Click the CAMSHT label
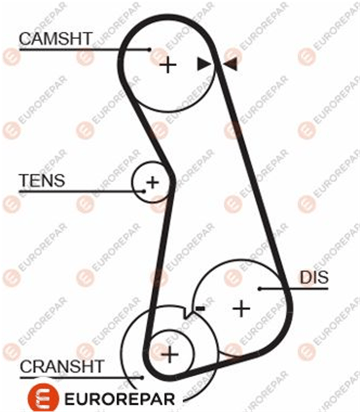tap(55, 38)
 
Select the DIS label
tap(314, 277)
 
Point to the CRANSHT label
tap(61, 367)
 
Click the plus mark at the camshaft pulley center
tap(168, 65)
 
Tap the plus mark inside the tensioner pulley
tap(152, 183)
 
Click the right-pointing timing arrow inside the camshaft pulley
tap(203, 64)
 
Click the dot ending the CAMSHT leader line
tap(149, 50)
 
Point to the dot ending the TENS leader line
tap(144, 191)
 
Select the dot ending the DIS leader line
tap(260, 289)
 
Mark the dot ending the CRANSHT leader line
tap(142, 377)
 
